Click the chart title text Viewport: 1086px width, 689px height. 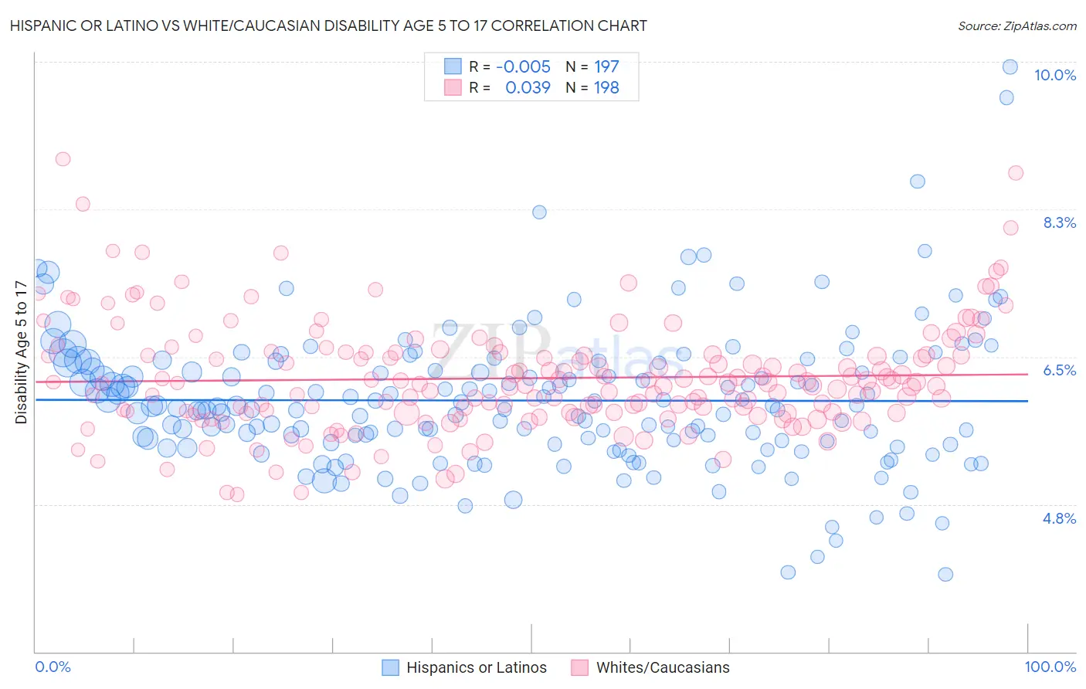[x=328, y=25]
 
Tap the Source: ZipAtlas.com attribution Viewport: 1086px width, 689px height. [x=1016, y=25]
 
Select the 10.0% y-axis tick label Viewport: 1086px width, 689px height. [x=1054, y=75]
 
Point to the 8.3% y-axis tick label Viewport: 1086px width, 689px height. [x=1059, y=222]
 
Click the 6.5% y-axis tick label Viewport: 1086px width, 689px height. [x=1059, y=370]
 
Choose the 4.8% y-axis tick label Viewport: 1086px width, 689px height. [x=1059, y=518]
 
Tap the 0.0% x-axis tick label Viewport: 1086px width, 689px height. [x=53, y=667]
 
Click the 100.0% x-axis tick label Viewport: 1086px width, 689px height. [x=1050, y=667]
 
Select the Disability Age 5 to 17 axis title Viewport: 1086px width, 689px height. [x=22, y=352]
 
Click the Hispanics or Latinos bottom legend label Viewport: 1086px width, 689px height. [x=476, y=667]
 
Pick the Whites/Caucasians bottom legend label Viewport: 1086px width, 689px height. [x=663, y=667]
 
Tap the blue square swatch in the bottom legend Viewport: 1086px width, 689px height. [x=391, y=667]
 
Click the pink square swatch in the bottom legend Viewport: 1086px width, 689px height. [x=579, y=667]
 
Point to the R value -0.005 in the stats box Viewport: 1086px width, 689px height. [x=523, y=66]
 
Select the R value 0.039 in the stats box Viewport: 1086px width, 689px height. [x=528, y=87]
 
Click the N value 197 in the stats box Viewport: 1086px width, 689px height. [x=606, y=66]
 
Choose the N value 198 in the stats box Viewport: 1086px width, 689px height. [x=606, y=87]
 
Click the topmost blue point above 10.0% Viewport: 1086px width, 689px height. [x=1010, y=66]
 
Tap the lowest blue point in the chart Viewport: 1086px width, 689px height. [x=945, y=574]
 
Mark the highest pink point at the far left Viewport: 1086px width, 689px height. [x=63, y=158]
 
